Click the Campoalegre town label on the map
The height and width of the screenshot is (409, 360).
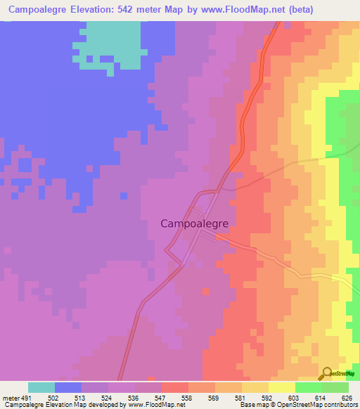pos(193,223)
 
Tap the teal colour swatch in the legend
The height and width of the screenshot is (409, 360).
pos(41,387)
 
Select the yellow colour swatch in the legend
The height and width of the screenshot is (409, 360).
pos(282,387)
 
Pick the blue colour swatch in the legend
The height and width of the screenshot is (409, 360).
pos(68,387)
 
